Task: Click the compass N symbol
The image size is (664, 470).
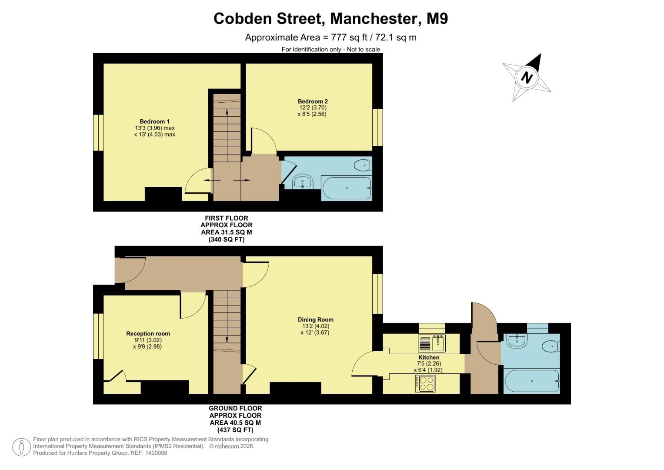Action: tap(527, 77)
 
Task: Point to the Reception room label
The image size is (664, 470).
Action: tap(148, 334)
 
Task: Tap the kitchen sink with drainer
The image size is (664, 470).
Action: tap(432, 343)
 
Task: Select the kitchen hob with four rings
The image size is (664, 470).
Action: tap(425, 384)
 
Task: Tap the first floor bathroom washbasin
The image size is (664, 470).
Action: tap(303, 181)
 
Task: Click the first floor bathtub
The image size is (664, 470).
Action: tap(347, 188)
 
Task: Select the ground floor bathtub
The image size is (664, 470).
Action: tap(532, 381)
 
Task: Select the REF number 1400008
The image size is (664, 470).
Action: tap(155, 453)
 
